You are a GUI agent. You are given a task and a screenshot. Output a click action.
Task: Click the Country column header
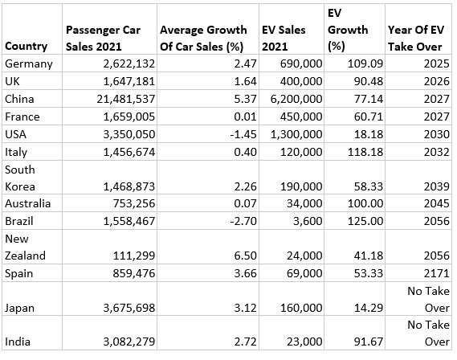pyautogui.click(x=26, y=47)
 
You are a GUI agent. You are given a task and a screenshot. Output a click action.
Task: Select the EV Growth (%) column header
pyautogui.click(x=348, y=30)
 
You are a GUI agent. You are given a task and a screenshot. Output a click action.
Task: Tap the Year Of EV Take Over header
pyautogui.click(x=416, y=39)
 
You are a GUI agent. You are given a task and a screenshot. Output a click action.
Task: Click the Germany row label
pyautogui.click(x=29, y=64)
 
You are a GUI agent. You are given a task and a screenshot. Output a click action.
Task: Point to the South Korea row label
pyautogui.click(x=20, y=178)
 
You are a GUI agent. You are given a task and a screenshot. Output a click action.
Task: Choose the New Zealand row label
pyautogui.click(x=25, y=247)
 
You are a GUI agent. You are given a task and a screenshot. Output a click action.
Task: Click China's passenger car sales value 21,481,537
pyautogui.click(x=126, y=99)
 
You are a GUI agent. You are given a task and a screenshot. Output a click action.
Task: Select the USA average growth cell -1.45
pyautogui.click(x=243, y=134)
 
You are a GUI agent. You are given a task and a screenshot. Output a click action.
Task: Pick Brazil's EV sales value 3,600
pyautogui.click(x=308, y=221)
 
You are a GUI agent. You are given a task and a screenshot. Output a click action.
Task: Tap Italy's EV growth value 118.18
pyautogui.click(x=365, y=152)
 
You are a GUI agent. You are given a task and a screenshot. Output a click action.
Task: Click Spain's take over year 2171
pyautogui.click(x=437, y=273)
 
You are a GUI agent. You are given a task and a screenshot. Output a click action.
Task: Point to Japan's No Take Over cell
pyautogui.click(x=428, y=300)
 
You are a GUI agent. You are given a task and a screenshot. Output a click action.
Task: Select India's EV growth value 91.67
pyautogui.click(x=369, y=342)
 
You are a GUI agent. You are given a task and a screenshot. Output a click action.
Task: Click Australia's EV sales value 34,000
pyautogui.click(x=304, y=203)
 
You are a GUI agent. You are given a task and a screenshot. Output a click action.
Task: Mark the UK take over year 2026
pyautogui.click(x=437, y=81)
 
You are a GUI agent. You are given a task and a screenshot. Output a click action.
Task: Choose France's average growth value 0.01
pyautogui.click(x=245, y=117)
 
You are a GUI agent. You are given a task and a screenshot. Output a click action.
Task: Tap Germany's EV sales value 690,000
pyautogui.click(x=301, y=63)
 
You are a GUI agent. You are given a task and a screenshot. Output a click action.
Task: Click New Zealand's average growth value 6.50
pyautogui.click(x=245, y=256)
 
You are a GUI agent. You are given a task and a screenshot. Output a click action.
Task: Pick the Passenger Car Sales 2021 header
pyautogui.click(x=103, y=39)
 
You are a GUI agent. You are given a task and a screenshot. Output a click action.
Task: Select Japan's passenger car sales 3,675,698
pyautogui.click(x=129, y=308)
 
